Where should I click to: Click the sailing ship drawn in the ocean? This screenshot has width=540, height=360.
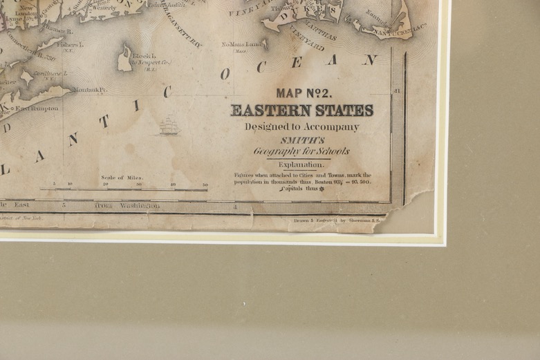coord(169,126)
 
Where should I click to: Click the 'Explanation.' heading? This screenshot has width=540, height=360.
coord(301,164)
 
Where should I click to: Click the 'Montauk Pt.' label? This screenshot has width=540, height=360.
coord(91,89)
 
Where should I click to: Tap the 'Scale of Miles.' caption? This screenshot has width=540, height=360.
coord(122,178)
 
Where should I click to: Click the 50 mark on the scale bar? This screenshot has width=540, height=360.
coord(205,184)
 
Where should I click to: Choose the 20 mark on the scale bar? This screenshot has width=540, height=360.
coord(105,184)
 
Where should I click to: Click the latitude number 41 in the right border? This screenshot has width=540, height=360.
coord(398,91)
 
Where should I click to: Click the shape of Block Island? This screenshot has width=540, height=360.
coord(125,60)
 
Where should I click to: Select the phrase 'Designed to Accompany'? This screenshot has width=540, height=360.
coord(301,126)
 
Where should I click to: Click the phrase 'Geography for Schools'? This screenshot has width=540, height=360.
coord(301,151)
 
